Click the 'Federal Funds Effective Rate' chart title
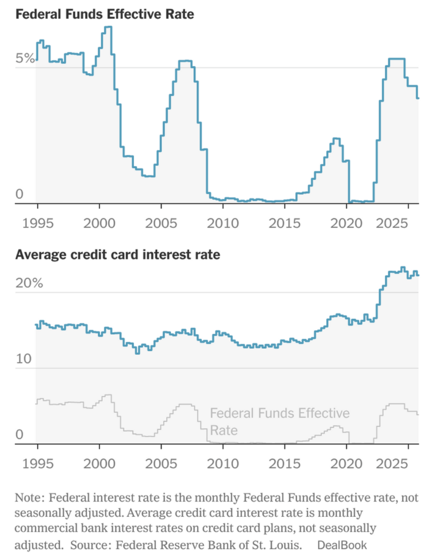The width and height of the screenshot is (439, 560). (x=105, y=15)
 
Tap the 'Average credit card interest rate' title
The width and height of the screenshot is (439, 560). (x=118, y=255)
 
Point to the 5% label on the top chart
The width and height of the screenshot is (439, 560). (x=25, y=58)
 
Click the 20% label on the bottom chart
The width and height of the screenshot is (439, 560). (x=29, y=283)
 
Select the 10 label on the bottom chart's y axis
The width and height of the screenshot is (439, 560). (x=24, y=359)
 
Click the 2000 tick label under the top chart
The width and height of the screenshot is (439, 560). (x=99, y=223)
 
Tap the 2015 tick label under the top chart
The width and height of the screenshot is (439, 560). (x=284, y=223)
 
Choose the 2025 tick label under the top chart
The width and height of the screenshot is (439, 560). (x=392, y=223)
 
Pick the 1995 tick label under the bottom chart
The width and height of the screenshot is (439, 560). (x=38, y=464)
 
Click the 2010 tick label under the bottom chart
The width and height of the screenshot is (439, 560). (x=223, y=464)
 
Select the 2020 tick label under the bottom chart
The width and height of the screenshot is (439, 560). (x=346, y=464)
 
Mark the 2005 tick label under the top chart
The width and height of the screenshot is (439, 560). (x=161, y=223)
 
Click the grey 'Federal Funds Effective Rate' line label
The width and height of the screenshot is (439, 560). (x=279, y=421)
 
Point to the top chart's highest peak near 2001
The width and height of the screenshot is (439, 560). (x=108, y=27)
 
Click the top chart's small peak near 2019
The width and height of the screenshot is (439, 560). (x=337, y=139)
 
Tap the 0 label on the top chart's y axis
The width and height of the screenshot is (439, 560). (x=19, y=194)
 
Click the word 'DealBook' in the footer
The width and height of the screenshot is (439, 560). (x=342, y=545)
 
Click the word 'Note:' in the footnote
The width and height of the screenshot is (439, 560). (x=29, y=498)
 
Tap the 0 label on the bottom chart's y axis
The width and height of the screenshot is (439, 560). (x=19, y=435)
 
